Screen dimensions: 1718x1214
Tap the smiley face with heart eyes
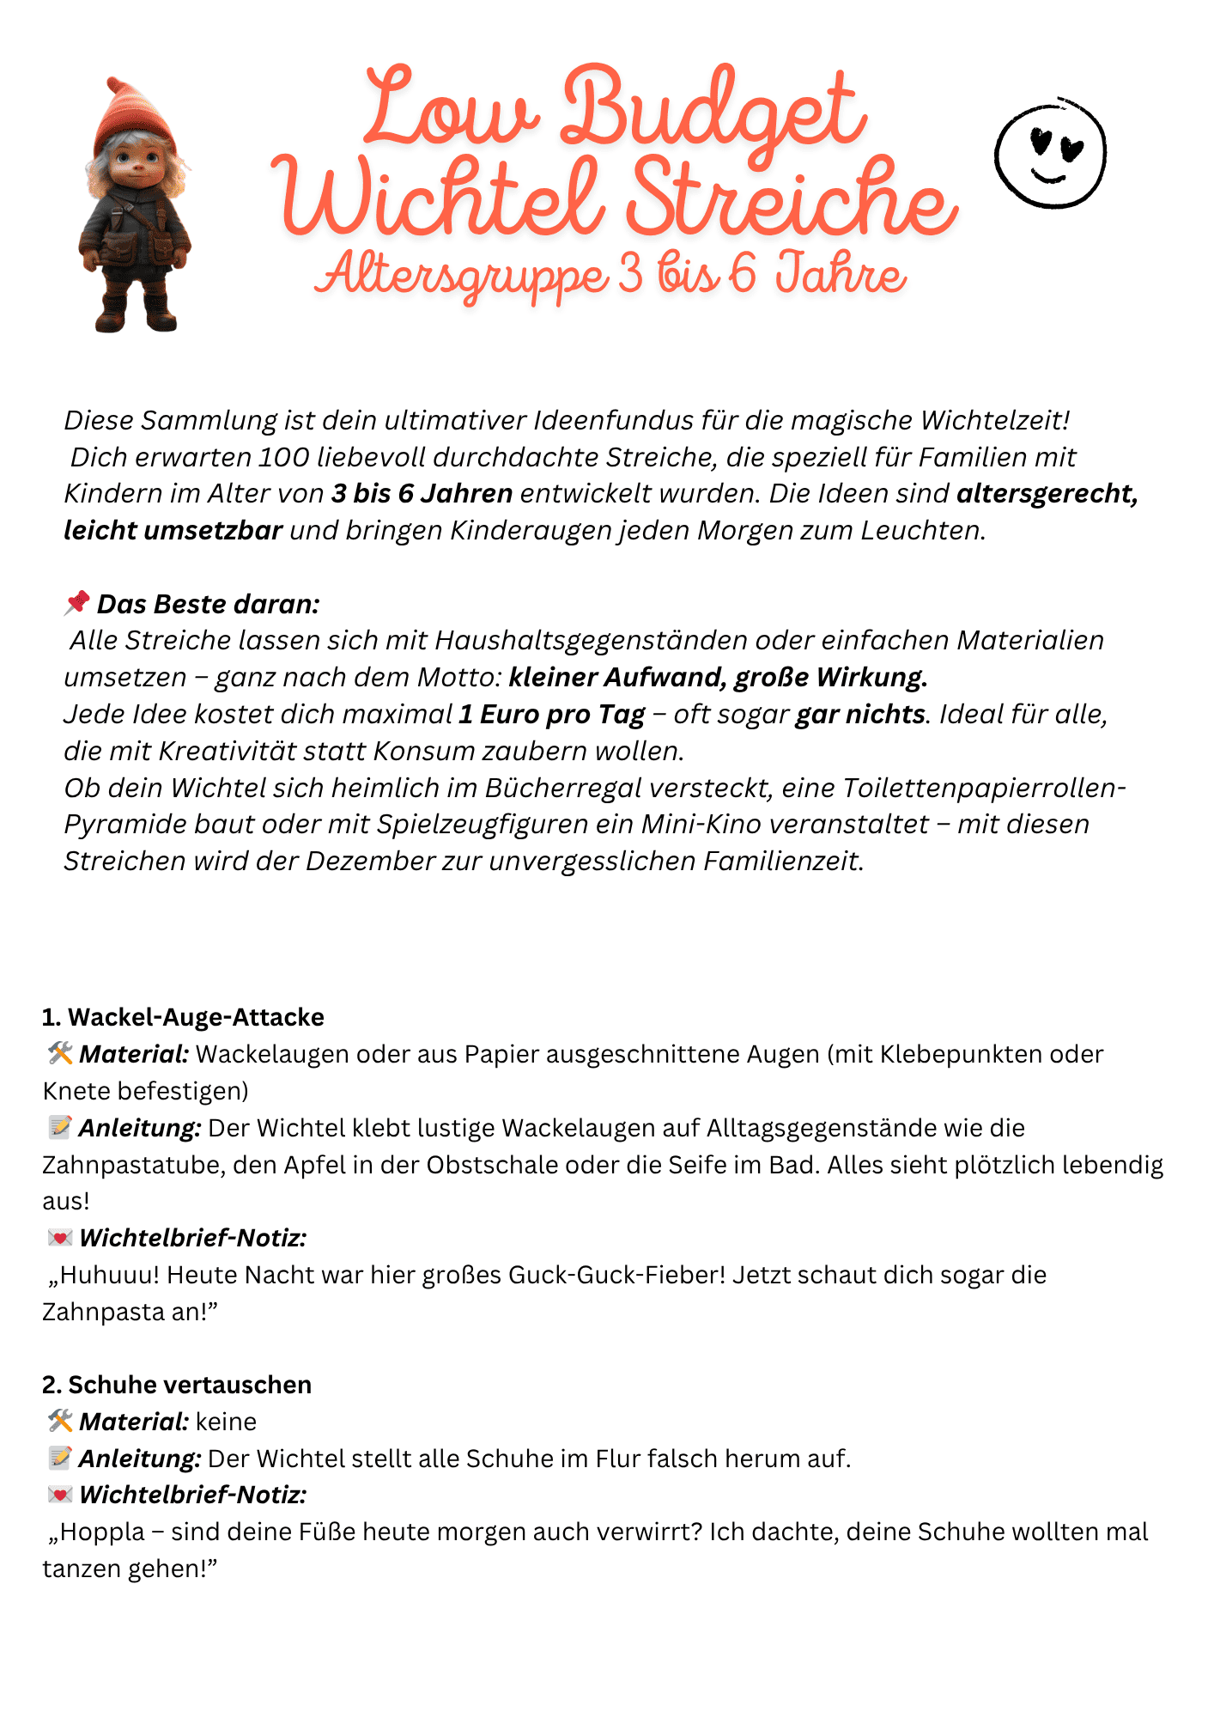pyautogui.click(x=1051, y=153)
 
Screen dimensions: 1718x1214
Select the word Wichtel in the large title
pyautogui.click(x=439, y=198)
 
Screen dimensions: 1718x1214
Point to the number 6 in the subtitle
pyautogui.click(x=742, y=274)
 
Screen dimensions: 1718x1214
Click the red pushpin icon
pyautogui.click(x=76, y=603)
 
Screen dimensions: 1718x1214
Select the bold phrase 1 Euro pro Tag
pyautogui.click(x=551, y=714)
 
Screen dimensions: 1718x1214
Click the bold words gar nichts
pyautogui.click(x=860, y=714)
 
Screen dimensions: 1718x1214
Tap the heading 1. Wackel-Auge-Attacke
pyautogui.click(x=183, y=1017)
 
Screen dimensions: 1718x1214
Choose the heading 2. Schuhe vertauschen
pyautogui.click(x=177, y=1385)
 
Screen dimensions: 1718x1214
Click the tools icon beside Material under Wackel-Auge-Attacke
pyautogui.click(x=60, y=1053)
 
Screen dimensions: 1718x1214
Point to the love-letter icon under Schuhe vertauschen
pyautogui.click(x=60, y=1495)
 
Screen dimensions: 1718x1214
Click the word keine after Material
pyautogui.click(x=226, y=1422)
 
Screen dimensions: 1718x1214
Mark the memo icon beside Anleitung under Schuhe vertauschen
pyautogui.click(x=60, y=1458)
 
